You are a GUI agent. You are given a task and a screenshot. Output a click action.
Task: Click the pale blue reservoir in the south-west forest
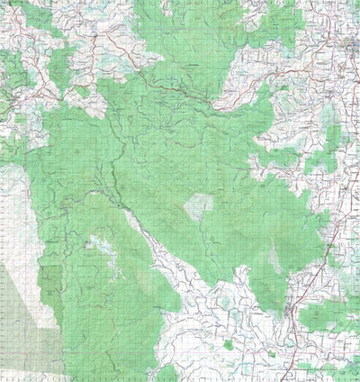[x=96, y=244]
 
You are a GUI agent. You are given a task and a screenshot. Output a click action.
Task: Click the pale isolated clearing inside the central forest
[x=199, y=206]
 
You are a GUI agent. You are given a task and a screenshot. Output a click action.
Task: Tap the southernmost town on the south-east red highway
[x=290, y=311]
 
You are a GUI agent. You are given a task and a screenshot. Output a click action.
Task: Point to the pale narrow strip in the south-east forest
[x=274, y=261]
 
